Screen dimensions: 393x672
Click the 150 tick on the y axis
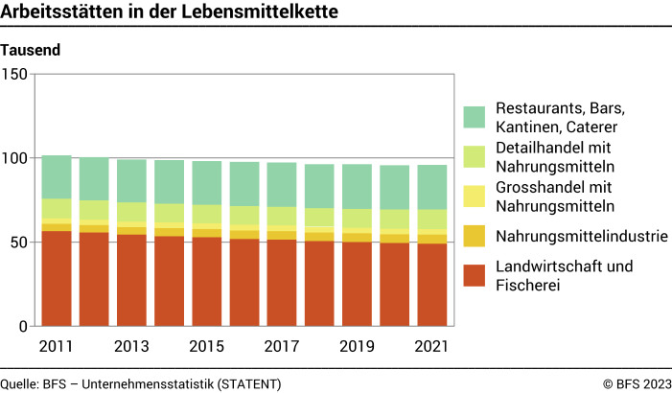click(15, 74)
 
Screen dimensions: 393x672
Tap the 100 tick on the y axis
click(15, 158)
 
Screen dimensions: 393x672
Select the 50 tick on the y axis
click(19, 243)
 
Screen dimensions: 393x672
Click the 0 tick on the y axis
click(23, 327)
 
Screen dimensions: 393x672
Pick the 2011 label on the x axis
click(57, 346)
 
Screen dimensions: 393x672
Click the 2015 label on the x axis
click(207, 346)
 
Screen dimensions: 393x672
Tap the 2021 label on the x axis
click(432, 346)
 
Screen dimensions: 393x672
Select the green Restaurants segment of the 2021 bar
click(432, 187)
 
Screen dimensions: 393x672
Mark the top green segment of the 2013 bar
click(131, 180)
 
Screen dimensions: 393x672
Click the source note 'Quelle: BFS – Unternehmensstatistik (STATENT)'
click(141, 383)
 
